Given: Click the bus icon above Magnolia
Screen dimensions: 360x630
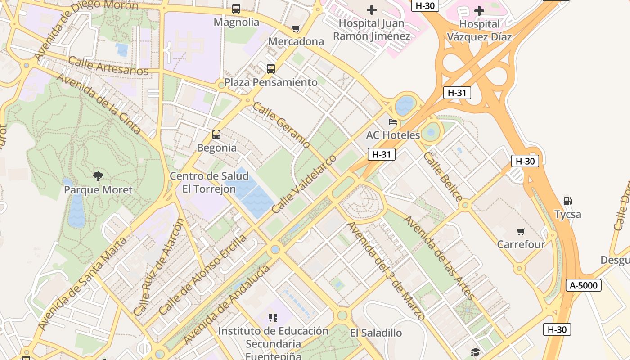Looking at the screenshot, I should [236, 9].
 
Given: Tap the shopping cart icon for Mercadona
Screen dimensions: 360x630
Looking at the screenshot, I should [296, 29].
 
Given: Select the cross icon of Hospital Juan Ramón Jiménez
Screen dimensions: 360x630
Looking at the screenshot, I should [372, 9].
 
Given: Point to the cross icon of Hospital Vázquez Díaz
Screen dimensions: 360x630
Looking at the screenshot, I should [479, 10].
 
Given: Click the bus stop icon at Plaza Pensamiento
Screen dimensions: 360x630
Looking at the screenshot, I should [270, 69].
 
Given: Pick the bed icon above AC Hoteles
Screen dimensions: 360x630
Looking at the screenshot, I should [393, 122].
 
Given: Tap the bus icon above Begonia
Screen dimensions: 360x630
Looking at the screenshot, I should [216, 134].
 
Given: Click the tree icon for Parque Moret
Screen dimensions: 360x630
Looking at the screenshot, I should [98, 176].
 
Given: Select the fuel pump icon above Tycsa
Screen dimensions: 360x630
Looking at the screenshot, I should [568, 201].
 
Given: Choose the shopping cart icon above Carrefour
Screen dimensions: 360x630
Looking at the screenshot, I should [521, 232].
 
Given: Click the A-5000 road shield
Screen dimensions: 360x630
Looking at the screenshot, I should [584, 285].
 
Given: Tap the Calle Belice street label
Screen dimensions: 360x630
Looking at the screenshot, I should [442, 177].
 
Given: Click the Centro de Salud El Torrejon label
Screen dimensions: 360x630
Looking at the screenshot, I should [209, 182].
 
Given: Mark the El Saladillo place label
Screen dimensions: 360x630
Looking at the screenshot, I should [376, 333].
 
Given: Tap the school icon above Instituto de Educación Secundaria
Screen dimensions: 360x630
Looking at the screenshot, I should [273, 318].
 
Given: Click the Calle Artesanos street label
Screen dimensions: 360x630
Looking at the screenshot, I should [108, 66].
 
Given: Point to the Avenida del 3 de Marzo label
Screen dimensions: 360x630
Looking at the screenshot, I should [386, 271].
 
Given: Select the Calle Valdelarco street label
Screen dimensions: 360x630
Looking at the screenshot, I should [304, 184].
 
